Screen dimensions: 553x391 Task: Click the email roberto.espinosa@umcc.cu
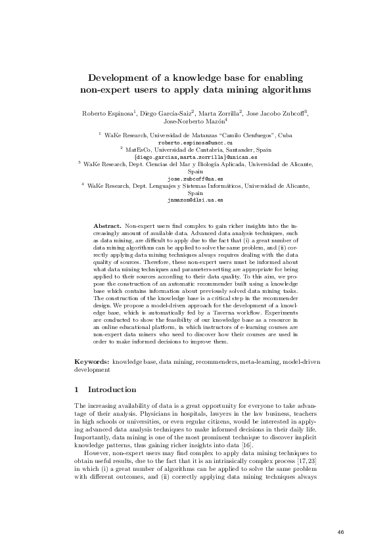196,141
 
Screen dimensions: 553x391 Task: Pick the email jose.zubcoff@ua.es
196,179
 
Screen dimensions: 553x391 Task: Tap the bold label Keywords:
92,362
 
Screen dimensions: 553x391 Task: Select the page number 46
340,531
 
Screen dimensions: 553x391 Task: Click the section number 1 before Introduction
78,389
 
